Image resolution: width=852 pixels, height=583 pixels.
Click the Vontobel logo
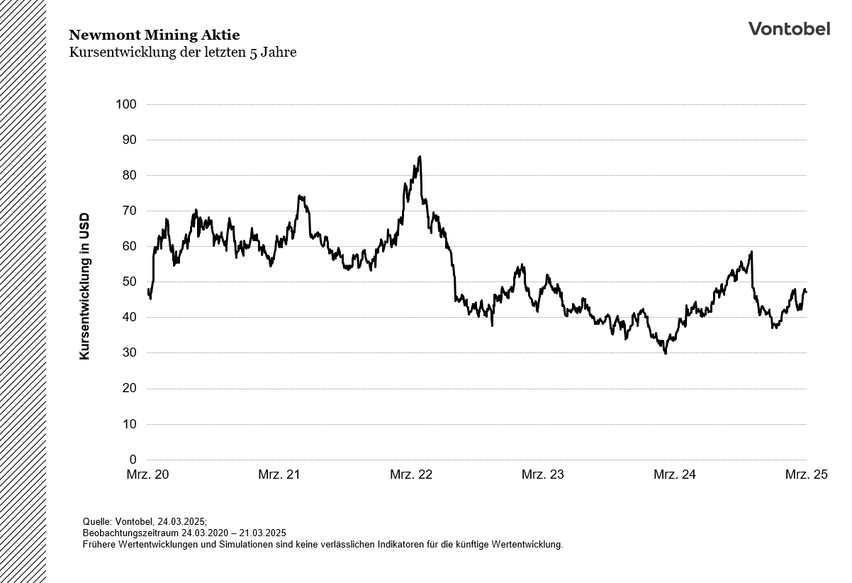[789, 28]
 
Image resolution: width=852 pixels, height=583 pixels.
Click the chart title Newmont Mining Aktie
[154, 35]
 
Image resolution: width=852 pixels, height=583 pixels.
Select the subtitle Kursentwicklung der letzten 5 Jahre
[182, 52]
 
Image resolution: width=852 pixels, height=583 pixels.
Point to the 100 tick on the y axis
[126, 104]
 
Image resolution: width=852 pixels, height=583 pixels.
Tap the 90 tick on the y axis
[129, 140]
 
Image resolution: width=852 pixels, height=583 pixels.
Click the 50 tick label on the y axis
[129, 282]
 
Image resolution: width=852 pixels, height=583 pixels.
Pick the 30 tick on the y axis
[129, 353]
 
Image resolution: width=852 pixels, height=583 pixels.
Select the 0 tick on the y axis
[133, 460]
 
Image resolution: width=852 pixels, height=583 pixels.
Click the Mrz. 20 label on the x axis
[147, 474]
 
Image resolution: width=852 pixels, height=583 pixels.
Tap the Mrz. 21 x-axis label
[279, 474]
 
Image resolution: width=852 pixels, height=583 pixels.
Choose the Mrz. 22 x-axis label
[411, 474]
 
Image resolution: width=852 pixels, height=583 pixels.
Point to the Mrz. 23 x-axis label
[543, 474]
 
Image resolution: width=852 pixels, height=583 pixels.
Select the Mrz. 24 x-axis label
[675, 474]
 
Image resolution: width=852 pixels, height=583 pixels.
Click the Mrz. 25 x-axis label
[806, 474]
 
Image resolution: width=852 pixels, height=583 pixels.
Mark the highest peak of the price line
[420, 157]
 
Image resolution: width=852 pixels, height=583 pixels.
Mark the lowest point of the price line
[665, 352]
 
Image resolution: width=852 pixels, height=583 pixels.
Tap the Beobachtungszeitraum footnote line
[184, 533]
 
